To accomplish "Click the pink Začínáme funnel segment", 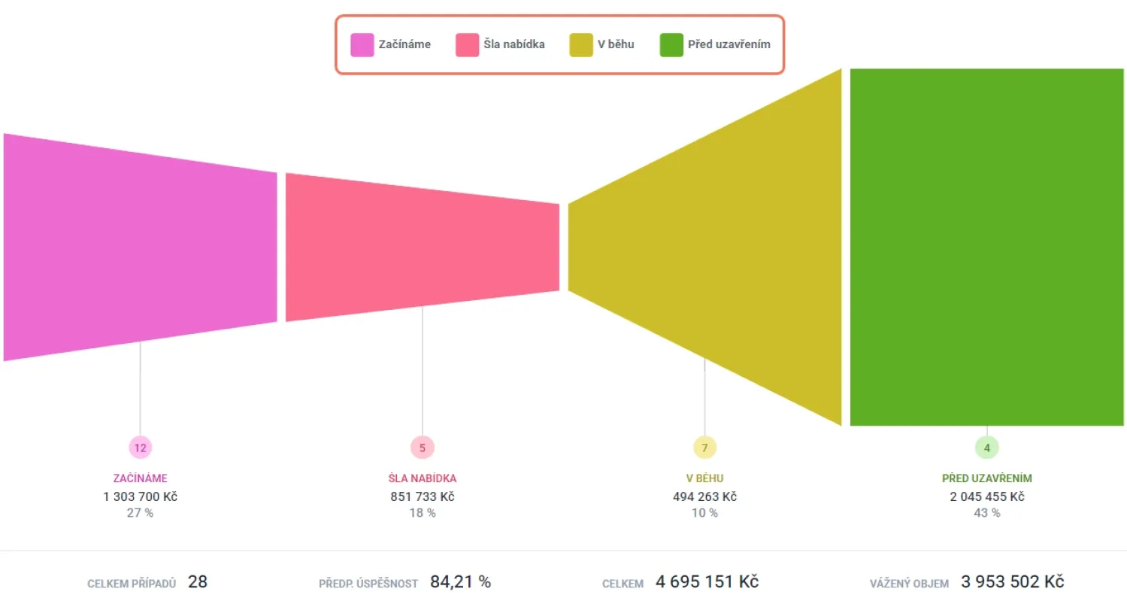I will pyautogui.click(x=140, y=247).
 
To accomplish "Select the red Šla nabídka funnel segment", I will pyautogui.click(x=422, y=247).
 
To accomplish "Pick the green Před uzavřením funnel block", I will pyautogui.click(x=986, y=247).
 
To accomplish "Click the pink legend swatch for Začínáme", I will pyautogui.click(x=362, y=45).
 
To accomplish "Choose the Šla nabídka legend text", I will pyautogui.click(x=514, y=44).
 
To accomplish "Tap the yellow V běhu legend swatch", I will pyautogui.click(x=581, y=45).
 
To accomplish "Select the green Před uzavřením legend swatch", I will pyautogui.click(x=671, y=45).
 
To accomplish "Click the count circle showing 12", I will pyautogui.click(x=140, y=448).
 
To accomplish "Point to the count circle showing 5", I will pyautogui.click(x=422, y=448).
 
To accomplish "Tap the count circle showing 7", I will pyautogui.click(x=704, y=448).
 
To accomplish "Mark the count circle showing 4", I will pyautogui.click(x=986, y=448).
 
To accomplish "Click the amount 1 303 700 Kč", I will pyautogui.click(x=140, y=496).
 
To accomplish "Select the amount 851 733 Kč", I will pyautogui.click(x=422, y=496).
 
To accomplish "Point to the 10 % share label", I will pyautogui.click(x=704, y=513).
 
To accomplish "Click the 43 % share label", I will pyautogui.click(x=986, y=513).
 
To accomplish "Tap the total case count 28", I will pyautogui.click(x=198, y=581).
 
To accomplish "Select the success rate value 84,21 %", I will pyautogui.click(x=460, y=581).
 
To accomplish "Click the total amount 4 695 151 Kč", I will pyautogui.click(x=707, y=581).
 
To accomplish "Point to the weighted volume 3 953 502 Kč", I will pyautogui.click(x=1012, y=581).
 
